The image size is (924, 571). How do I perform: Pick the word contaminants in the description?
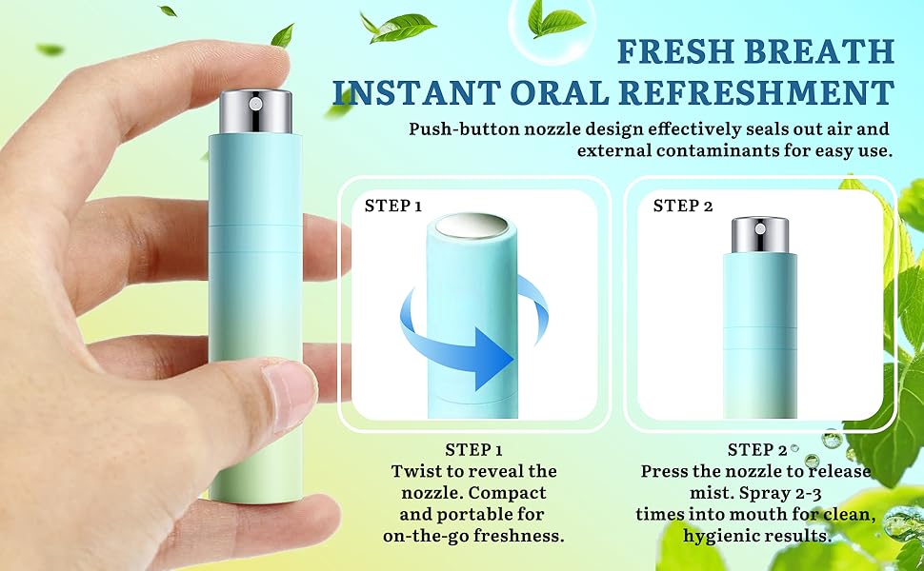click(x=748, y=151)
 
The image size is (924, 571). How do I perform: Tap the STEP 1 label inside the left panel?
click(x=393, y=206)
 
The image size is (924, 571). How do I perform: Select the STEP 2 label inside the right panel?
click(x=682, y=206)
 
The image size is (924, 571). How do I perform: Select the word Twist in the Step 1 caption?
click(x=416, y=471)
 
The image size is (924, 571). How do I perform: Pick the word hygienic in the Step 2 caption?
click(x=723, y=536)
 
